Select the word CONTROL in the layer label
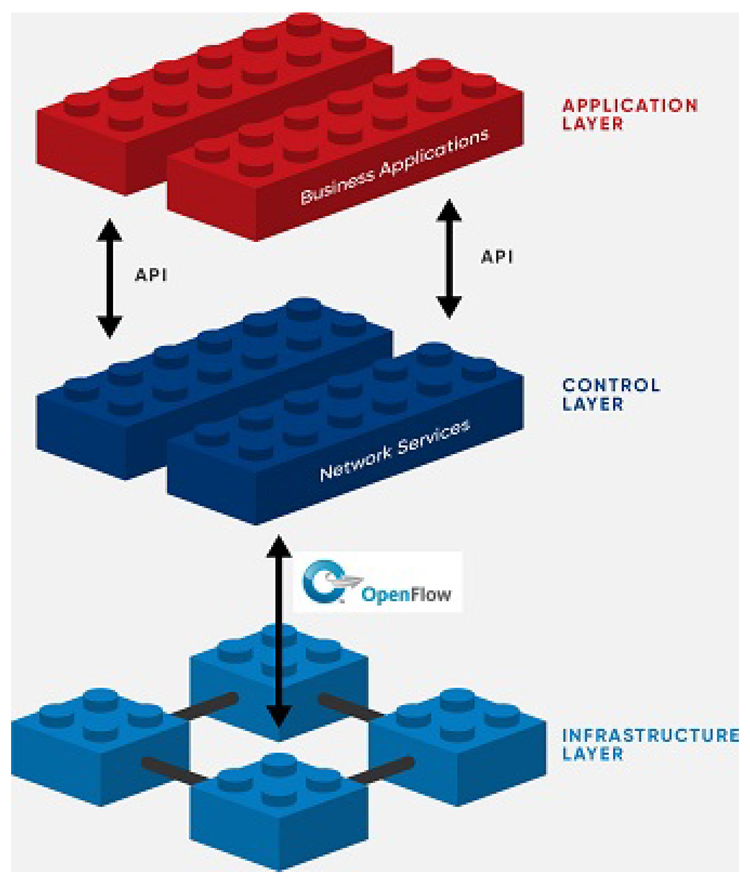click(611, 386)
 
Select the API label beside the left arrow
click(151, 275)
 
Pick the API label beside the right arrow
click(497, 257)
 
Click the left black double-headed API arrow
click(110, 278)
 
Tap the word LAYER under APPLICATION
click(593, 124)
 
